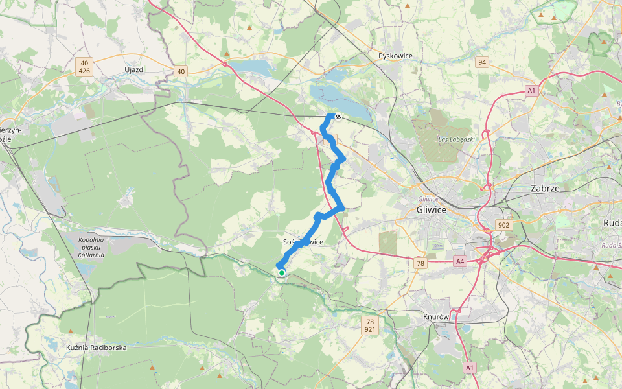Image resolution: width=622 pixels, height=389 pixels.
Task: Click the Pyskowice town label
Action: coord(395,56)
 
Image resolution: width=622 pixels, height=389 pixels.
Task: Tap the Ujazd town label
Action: coord(133,69)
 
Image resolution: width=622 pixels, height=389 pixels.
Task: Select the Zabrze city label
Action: coord(545,188)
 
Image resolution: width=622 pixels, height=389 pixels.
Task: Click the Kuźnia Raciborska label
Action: coord(96,348)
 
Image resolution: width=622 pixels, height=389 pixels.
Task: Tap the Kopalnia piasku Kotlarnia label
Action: coord(90,247)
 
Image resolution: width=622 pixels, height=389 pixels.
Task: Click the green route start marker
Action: coord(282,273)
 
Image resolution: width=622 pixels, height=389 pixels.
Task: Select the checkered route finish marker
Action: coord(338,117)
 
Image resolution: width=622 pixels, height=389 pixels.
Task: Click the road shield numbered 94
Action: coord(481,62)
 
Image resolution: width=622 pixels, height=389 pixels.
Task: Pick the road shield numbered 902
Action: coord(503,224)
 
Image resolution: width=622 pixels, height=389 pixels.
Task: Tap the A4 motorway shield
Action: coord(460,261)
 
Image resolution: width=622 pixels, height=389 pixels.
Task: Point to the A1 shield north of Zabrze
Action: coord(531,91)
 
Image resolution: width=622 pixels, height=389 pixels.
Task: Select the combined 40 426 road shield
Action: coord(84,66)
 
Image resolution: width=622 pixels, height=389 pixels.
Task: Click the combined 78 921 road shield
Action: coord(370,325)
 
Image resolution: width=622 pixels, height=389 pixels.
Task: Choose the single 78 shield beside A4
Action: coord(420,263)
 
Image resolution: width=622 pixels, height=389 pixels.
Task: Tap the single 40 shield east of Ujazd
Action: coord(180,71)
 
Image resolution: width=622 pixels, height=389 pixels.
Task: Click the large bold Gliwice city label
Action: coord(432,210)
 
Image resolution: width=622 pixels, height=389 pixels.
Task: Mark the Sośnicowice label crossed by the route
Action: coord(303,242)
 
